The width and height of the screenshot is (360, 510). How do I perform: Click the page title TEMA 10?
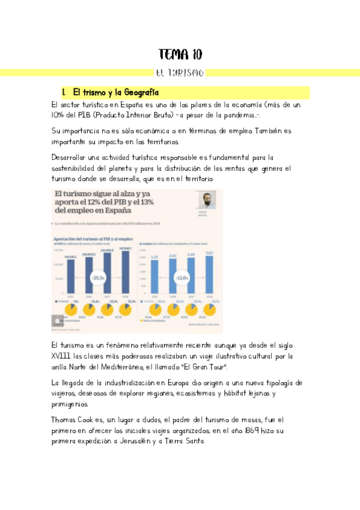180,55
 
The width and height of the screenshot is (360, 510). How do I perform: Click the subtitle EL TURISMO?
180,73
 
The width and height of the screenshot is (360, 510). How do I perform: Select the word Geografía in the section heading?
140,93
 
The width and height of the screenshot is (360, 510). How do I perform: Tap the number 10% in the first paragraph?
58,115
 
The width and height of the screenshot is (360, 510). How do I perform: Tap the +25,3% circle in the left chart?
99,278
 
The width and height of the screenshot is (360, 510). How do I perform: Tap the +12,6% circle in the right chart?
182,278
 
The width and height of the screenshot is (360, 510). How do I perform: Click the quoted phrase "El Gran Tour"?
206,367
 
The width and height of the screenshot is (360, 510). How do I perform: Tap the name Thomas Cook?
75,419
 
